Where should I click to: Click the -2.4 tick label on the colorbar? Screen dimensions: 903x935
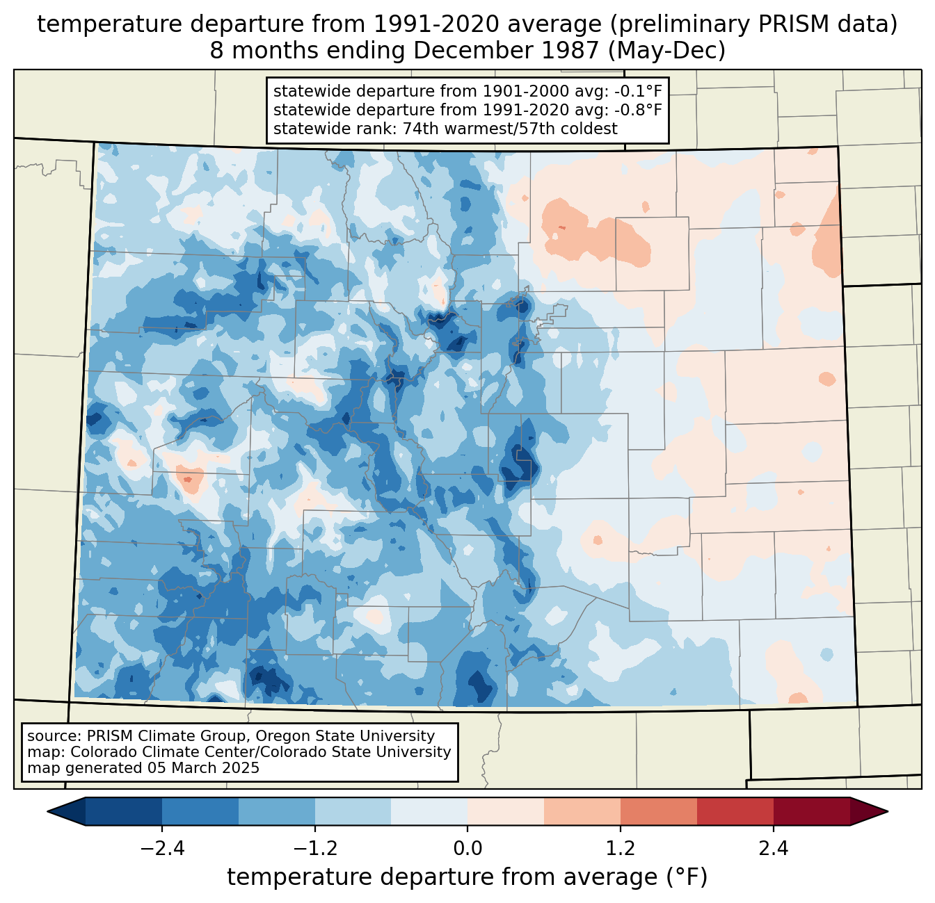click(x=162, y=849)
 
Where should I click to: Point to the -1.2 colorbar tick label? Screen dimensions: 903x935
click(x=314, y=849)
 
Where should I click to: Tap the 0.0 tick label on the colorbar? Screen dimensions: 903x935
click(x=467, y=849)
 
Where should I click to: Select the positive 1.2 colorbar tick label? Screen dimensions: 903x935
click(x=621, y=849)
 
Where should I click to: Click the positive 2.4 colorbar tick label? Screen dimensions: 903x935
click(x=773, y=849)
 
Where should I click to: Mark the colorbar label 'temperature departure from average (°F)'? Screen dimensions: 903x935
click(x=467, y=877)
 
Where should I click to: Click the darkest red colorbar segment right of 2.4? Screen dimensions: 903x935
click(x=811, y=811)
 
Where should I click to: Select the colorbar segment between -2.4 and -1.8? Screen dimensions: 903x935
click(x=200, y=811)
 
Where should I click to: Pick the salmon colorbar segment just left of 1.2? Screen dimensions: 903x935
click(x=582, y=811)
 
